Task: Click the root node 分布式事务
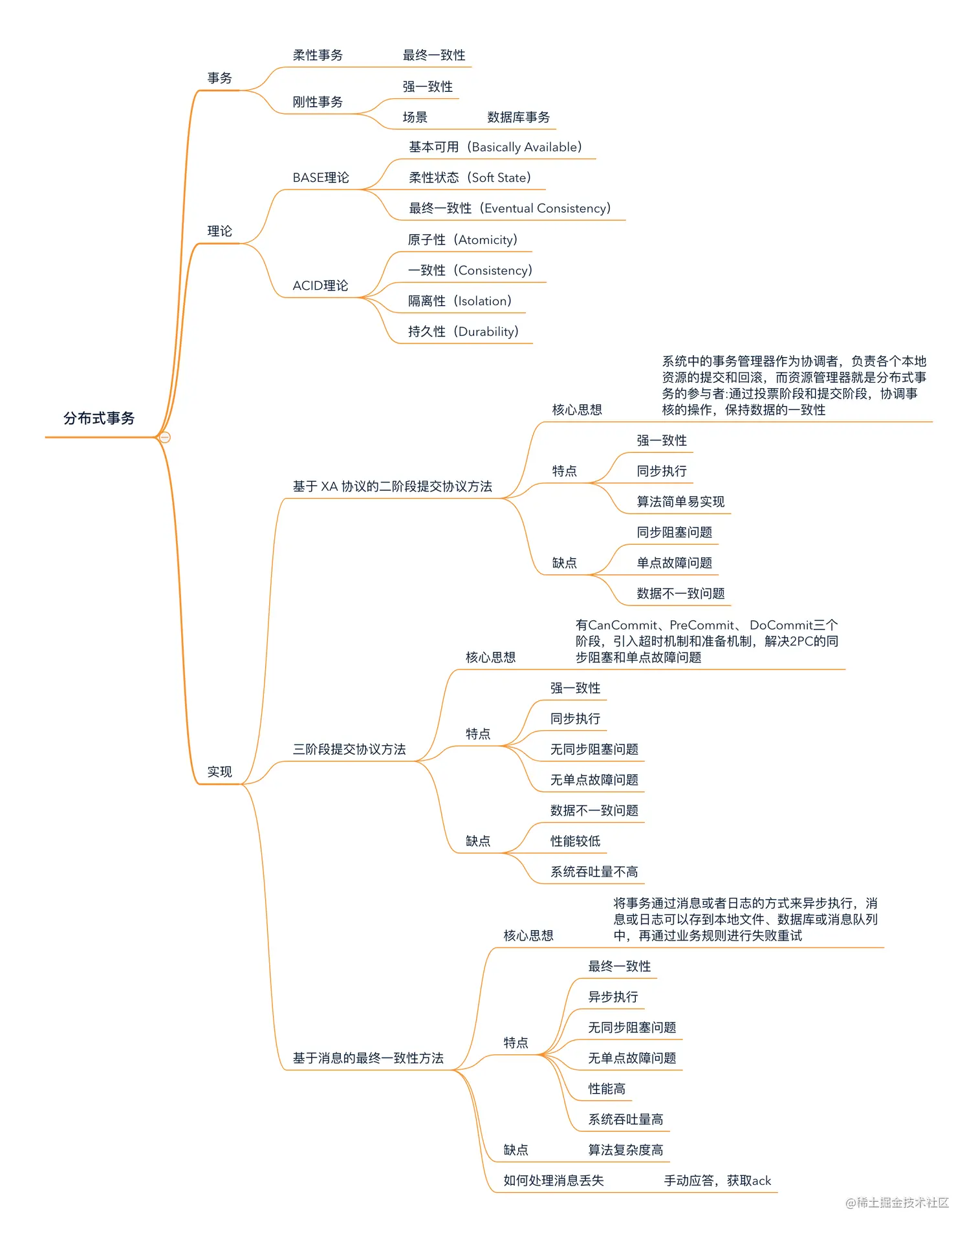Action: pos(99,418)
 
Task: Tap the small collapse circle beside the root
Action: pos(165,438)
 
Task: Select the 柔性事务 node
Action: pos(318,56)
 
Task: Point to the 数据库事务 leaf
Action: pos(518,118)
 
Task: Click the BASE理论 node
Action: pos(320,178)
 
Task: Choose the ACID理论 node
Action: pos(320,286)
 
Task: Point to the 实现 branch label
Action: pos(219,772)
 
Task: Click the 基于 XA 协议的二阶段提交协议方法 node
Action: pos(392,486)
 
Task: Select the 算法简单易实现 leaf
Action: pos(680,502)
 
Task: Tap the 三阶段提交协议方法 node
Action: pos(349,750)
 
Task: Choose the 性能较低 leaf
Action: pos(575,842)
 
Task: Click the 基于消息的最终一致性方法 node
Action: pos(368,1058)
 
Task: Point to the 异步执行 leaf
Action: pos(613,997)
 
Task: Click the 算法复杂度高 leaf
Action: pos(625,1150)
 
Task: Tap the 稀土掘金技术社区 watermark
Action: pos(897,1202)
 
